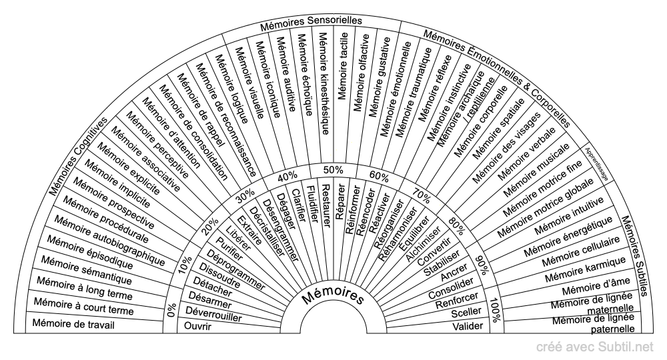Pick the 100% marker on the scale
494,310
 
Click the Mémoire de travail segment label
74,325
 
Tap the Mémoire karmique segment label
585,267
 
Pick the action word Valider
466,326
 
